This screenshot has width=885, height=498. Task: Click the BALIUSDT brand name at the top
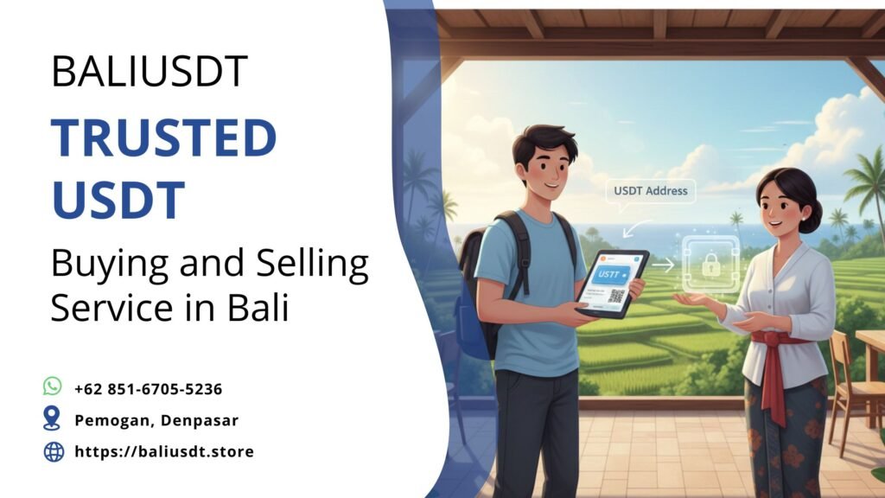(x=150, y=71)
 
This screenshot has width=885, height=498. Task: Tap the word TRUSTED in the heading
(x=163, y=138)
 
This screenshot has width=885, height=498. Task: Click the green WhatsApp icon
(x=54, y=386)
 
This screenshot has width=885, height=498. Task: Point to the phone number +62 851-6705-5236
(x=148, y=389)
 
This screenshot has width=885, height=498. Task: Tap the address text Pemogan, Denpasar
(x=156, y=420)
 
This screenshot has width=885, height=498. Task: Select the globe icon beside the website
(x=54, y=451)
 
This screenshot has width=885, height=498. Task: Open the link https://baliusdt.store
(x=164, y=451)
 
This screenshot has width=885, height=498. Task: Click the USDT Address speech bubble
(x=650, y=191)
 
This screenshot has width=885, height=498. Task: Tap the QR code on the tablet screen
(x=617, y=297)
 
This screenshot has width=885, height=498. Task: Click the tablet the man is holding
(x=612, y=284)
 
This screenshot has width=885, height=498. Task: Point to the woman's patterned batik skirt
(x=785, y=441)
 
